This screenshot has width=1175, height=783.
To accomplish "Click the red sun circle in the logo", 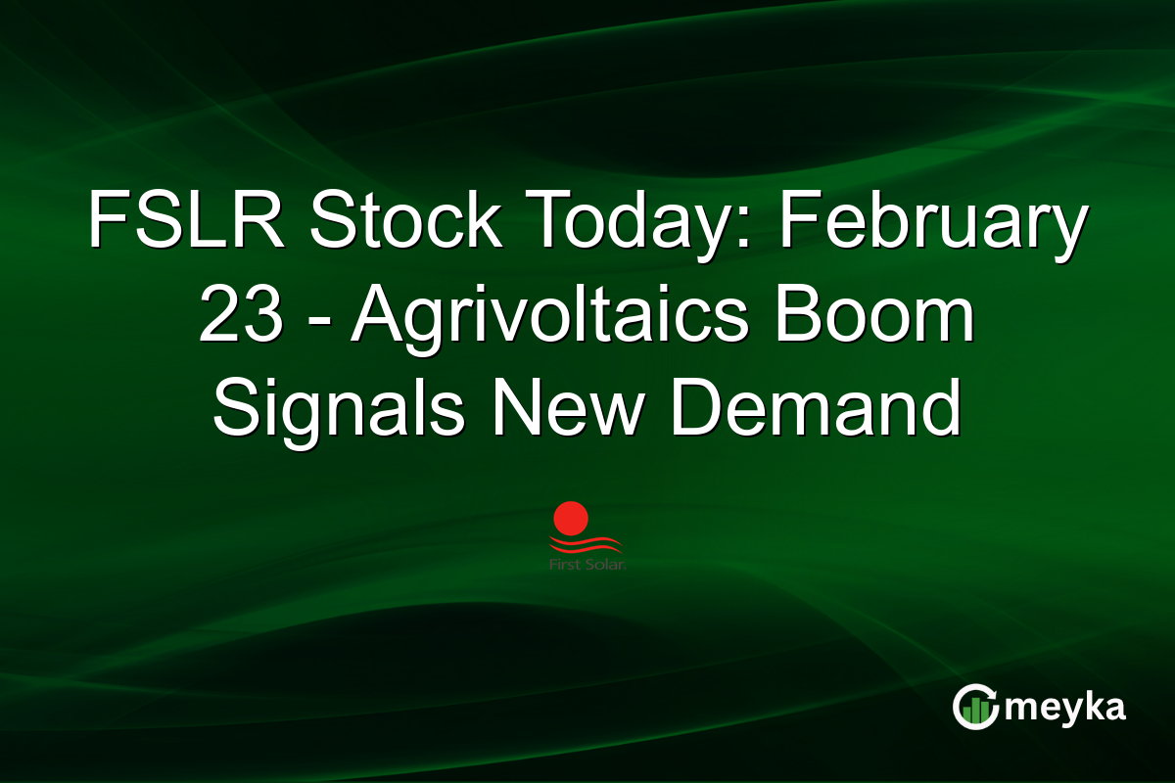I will (570, 518).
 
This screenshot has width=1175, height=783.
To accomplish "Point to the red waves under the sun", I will (586, 544).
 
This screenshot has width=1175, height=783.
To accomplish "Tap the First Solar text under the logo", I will (587, 565).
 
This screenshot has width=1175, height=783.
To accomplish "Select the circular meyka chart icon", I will (976, 707).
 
